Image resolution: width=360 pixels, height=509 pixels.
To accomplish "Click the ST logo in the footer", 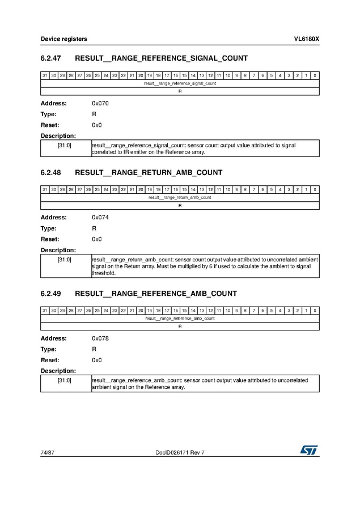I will click(310, 449).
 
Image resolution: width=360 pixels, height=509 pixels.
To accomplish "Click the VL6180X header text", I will click(306, 39).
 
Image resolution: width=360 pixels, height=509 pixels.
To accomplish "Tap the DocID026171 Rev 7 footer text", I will click(180, 452).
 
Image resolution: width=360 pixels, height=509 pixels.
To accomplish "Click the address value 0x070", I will click(100, 103).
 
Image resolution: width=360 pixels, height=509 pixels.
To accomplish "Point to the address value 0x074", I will click(100, 217).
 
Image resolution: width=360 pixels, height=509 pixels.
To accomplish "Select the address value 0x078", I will click(100, 338).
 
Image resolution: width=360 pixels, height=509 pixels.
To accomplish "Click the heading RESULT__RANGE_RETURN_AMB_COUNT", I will click(149, 172).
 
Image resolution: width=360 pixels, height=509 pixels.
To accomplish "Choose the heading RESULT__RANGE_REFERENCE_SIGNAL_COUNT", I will click(161, 58).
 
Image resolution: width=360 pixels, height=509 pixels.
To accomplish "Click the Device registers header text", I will click(63, 39).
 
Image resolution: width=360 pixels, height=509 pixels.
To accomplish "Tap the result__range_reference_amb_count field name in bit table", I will click(180, 319).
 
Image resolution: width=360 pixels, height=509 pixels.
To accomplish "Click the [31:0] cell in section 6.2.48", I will click(65, 260).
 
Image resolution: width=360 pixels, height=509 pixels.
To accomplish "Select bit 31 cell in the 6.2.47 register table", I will click(44, 75).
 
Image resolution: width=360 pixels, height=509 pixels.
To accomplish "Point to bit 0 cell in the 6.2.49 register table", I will click(315, 311).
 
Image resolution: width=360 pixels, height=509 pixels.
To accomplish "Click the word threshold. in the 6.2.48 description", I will click(103, 273).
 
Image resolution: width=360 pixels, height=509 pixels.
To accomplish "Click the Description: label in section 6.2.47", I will click(58, 136).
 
